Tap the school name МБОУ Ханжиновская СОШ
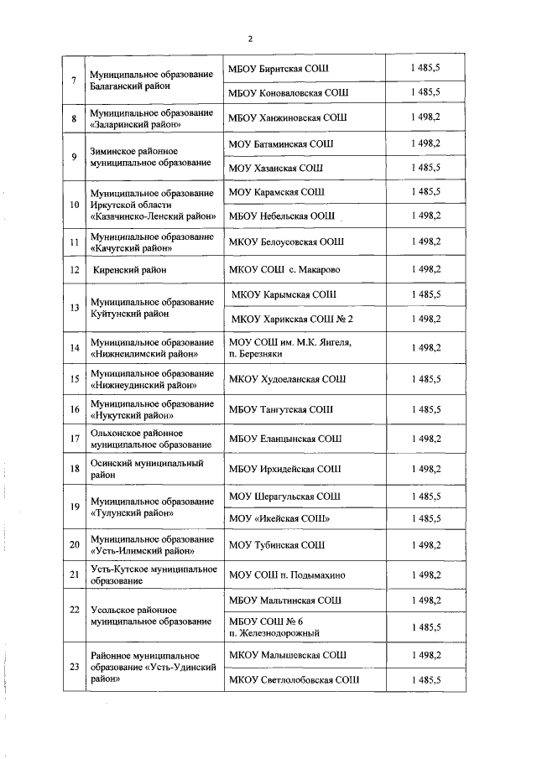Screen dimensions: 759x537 pos(287,118)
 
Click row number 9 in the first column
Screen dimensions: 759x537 pos(74,156)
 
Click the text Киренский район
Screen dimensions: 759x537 pos(130,270)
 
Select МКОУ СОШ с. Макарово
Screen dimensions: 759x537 pos(284,270)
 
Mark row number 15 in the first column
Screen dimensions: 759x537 pos(74,379)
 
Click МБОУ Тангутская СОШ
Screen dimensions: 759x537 pos(280,410)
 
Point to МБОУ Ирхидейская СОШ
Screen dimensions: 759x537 pos(284,469)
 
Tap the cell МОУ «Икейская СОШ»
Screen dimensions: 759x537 pos(279,520)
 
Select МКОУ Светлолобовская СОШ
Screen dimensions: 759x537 pos(294,679)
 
